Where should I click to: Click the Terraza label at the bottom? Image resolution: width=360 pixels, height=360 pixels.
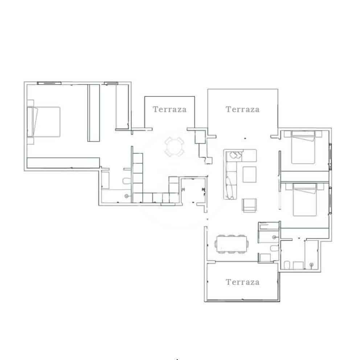242,282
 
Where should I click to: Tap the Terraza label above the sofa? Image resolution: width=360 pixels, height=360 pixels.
242,109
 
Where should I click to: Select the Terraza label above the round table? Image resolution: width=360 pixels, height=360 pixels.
169,109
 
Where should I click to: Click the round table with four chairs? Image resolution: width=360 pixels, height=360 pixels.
173,147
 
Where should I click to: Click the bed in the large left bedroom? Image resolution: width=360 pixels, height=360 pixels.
44,122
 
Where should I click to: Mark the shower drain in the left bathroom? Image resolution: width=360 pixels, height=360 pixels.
126,196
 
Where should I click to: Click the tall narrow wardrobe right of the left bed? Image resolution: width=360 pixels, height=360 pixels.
94,112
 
